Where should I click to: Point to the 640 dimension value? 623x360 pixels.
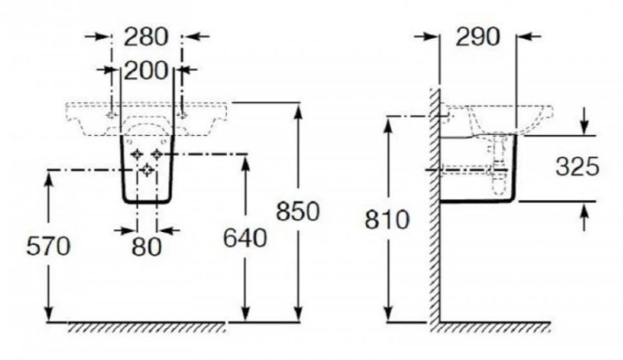coord(243,236)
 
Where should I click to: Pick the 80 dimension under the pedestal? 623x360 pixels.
coord(147,247)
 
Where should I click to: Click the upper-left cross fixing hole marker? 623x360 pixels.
coord(137,154)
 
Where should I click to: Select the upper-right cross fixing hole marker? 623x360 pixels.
coord(158,154)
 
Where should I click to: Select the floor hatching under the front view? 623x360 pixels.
coord(146,328)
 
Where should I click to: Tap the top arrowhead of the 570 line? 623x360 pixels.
coord(49,177)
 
